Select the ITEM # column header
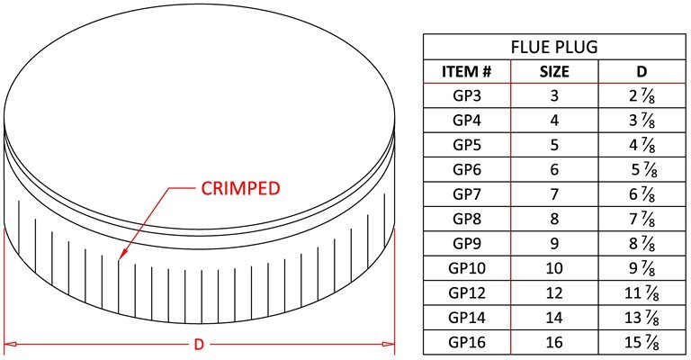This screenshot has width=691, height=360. tap(467, 71)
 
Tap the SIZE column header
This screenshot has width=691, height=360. tap(553, 71)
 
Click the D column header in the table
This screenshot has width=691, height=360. tap(641, 71)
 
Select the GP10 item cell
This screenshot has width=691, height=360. tap(467, 267)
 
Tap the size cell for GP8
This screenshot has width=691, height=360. tap(553, 219)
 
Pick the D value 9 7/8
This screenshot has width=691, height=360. tap(641, 267)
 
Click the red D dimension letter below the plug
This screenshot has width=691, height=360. tap(200, 344)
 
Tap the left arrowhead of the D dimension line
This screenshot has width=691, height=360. tap(9, 344)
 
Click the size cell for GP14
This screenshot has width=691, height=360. tap(553, 317)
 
